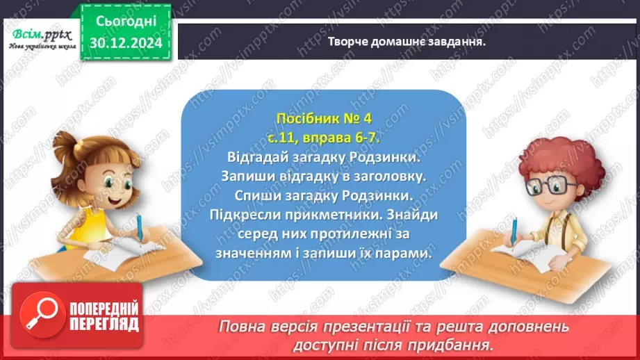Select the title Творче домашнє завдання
coord(406,41)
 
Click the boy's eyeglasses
coord(542,186)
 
